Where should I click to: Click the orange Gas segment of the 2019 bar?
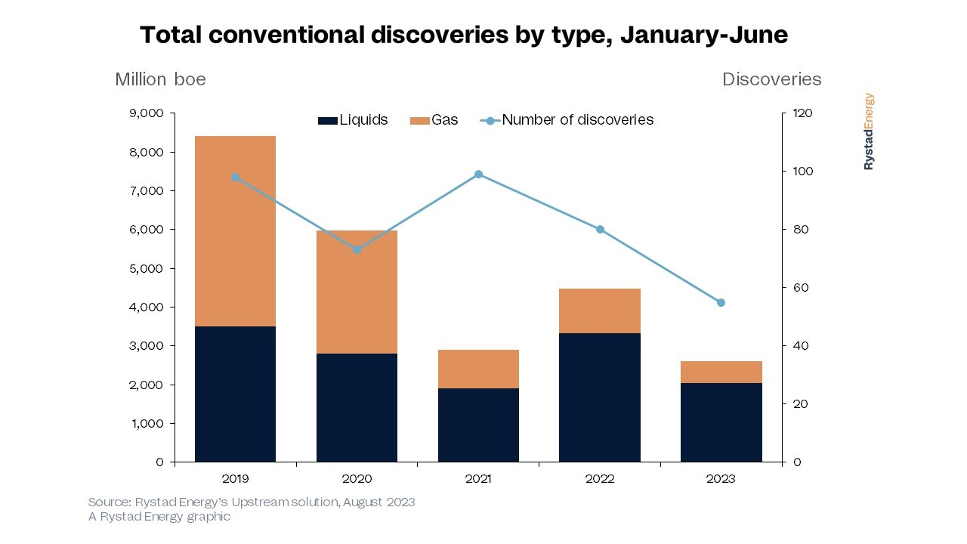point(235,231)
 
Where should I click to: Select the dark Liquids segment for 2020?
point(357,407)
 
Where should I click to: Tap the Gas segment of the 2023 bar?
point(721,372)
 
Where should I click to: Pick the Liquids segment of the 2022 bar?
point(600,397)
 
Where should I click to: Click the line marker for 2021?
point(478,175)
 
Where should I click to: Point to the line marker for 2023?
point(721,302)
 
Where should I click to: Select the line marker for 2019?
point(235,178)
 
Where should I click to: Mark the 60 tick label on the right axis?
point(800,288)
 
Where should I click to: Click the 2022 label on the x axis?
point(600,479)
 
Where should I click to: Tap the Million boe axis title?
point(160,79)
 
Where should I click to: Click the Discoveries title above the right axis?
point(771,79)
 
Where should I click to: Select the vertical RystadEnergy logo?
point(869,131)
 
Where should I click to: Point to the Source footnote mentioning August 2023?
point(252,502)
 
